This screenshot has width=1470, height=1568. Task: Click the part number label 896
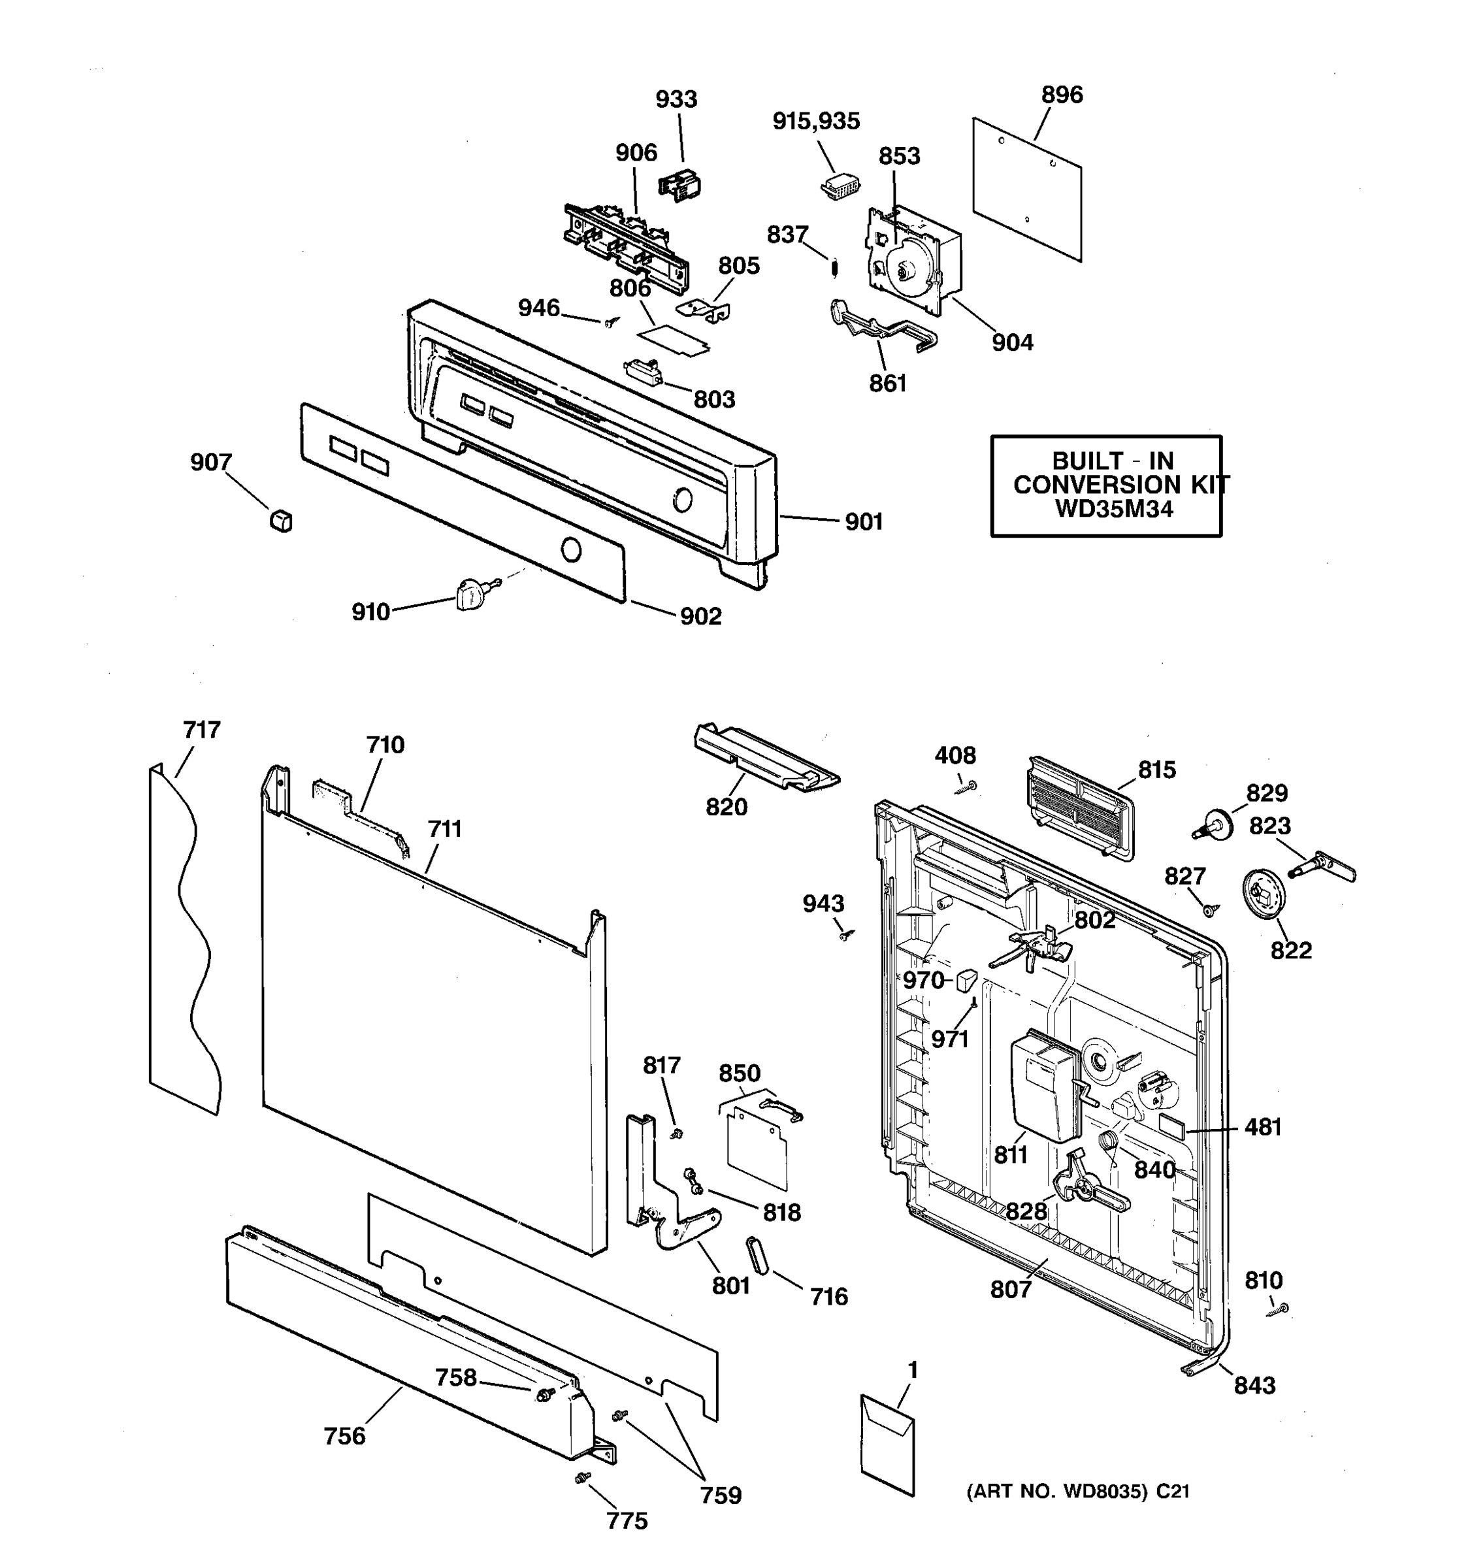click(1062, 95)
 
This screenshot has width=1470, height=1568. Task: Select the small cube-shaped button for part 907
click(281, 521)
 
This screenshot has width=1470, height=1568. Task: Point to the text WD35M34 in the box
click(1113, 509)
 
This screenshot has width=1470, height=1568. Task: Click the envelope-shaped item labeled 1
click(887, 1445)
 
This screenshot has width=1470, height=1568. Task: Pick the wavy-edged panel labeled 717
click(183, 939)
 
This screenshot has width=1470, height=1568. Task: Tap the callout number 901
click(864, 522)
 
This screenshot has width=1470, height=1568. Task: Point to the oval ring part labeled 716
click(757, 1255)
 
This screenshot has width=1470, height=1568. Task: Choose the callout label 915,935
click(815, 122)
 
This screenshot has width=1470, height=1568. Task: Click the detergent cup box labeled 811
click(1043, 1088)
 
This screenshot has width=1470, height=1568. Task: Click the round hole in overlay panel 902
click(571, 549)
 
